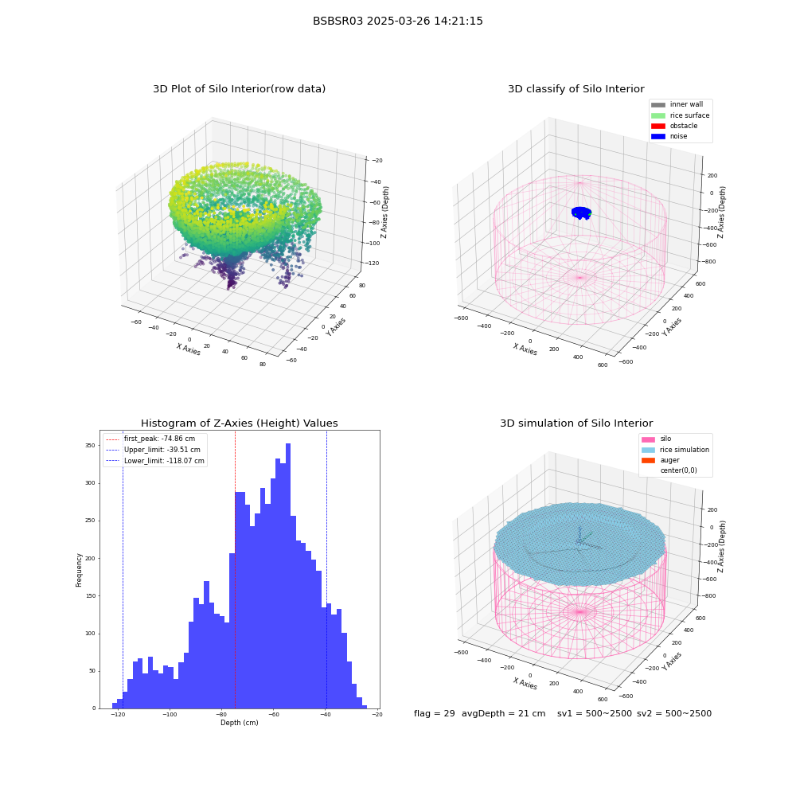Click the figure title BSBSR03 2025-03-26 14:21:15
click(x=397, y=21)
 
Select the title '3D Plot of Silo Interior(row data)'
click(x=239, y=89)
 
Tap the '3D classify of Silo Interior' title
click(x=576, y=89)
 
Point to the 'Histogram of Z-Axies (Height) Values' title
click(x=239, y=423)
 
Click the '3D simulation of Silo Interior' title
click(x=576, y=423)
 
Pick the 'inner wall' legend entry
click(x=677, y=104)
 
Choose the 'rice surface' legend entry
click(x=681, y=115)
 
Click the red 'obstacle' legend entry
click(x=674, y=126)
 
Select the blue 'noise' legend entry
click(x=669, y=136)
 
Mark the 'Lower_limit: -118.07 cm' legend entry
click(x=155, y=461)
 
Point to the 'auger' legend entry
click(x=661, y=460)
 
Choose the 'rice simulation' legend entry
click(x=675, y=450)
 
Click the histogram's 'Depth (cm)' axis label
click(x=239, y=723)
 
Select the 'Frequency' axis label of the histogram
click(x=79, y=570)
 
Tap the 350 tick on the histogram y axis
click(x=90, y=445)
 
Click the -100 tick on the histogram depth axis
click(x=169, y=714)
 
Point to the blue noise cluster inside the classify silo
click(x=581, y=213)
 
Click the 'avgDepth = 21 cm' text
click(x=504, y=713)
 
